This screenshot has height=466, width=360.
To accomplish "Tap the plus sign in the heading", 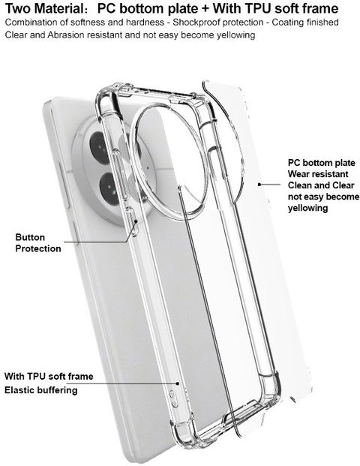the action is [x=205, y=9].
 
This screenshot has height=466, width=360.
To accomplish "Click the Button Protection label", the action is [x=38, y=243].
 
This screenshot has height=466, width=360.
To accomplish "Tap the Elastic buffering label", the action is [x=41, y=390].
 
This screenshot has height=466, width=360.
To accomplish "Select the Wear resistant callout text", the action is [x=318, y=174].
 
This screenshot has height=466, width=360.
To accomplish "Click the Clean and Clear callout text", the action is [x=321, y=185].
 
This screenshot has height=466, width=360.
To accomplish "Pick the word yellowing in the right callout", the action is [x=307, y=208].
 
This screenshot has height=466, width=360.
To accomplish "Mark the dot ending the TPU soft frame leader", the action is [x=178, y=383].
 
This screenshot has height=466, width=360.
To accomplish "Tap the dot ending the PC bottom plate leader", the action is [x=259, y=185].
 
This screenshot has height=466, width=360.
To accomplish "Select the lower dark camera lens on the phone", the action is [x=109, y=188].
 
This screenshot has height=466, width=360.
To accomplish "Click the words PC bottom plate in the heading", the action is [x=147, y=8].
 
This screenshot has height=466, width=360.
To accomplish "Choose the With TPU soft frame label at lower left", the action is [x=49, y=376].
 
